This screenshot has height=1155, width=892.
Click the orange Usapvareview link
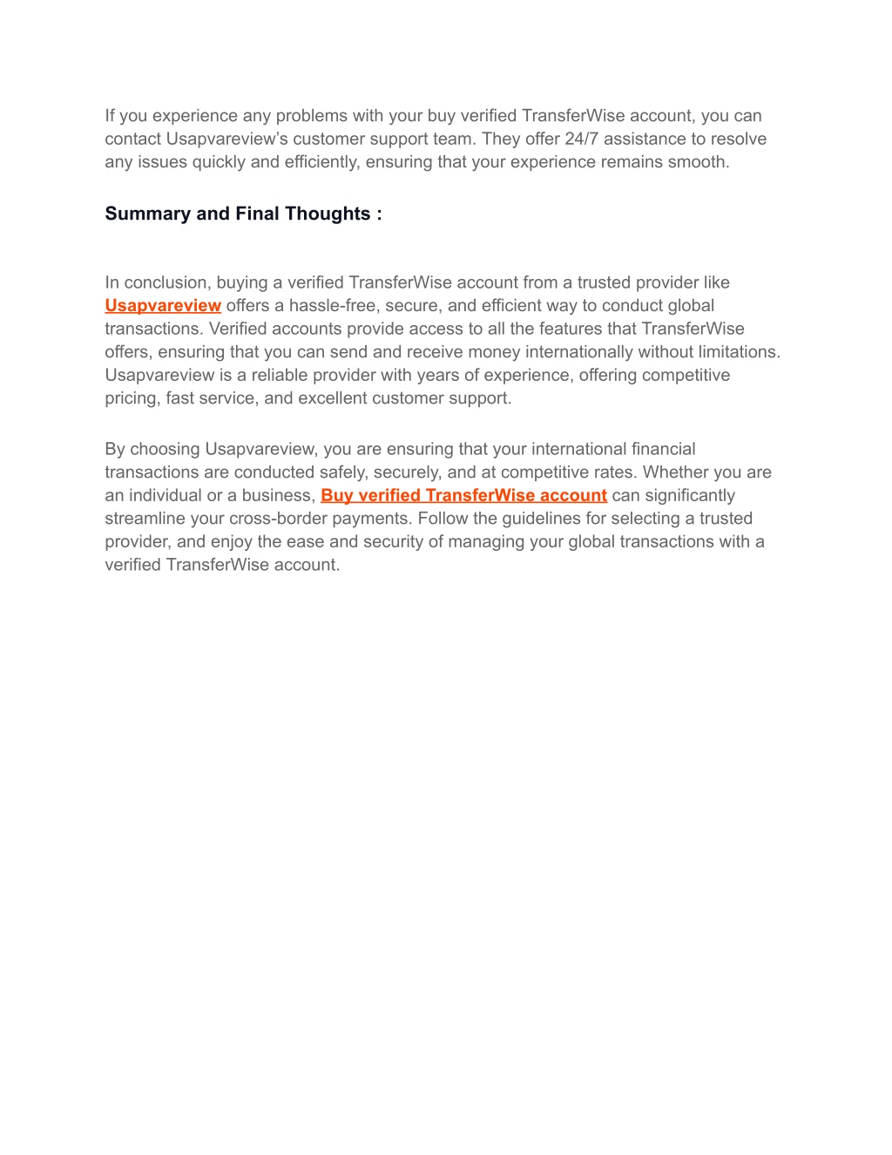(x=163, y=306)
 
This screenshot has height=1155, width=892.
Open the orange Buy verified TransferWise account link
(x=463, y=496)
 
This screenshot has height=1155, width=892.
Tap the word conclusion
(x=167, y=282)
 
